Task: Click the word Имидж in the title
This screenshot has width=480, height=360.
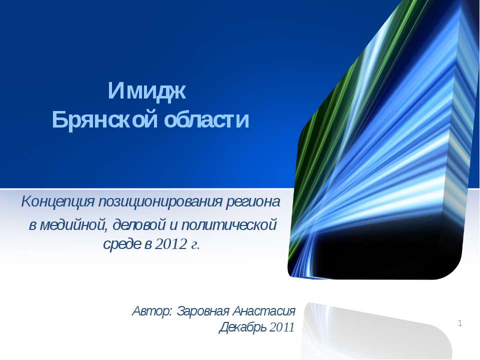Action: point(147,90)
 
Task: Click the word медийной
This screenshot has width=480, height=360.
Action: point(74,225)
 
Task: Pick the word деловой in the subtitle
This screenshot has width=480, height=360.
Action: point(139,225)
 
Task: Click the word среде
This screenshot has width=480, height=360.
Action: point(122,244)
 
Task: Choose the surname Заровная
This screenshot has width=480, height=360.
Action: point(203,311)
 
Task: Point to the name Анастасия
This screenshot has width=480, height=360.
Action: point(264,311)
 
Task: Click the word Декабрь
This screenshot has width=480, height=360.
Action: point(243,327)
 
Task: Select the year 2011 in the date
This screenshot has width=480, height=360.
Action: point(282,327)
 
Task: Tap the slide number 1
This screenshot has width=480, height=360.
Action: point(460,323)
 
